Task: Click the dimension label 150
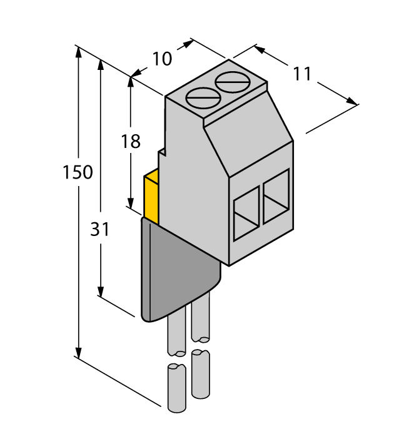[x=78, y=172]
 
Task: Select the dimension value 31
[x=100, y=229]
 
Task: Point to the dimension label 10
[x=162, y=59]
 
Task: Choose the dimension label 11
[x=302, y=74]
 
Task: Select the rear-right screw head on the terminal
[x=231, y=81]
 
